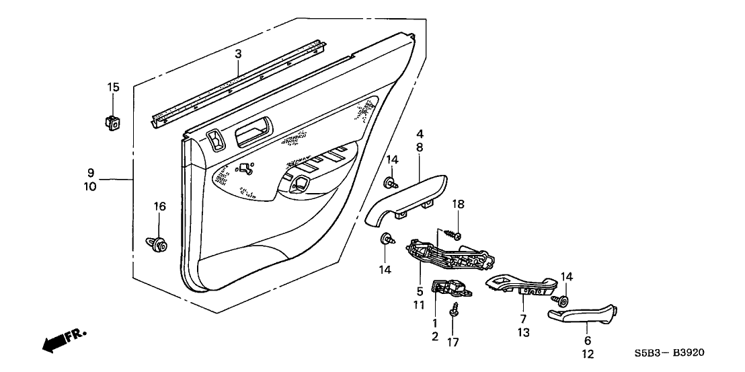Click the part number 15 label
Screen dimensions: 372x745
tap(113, 87)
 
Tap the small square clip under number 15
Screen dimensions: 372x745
tap(113, 122)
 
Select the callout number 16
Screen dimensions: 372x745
tap(159, 206)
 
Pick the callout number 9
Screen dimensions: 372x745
tap(91, 172)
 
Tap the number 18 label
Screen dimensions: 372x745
tap(458, 204)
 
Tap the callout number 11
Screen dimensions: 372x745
tap(420, 305)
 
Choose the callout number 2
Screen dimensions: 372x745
tap(434, 336)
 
